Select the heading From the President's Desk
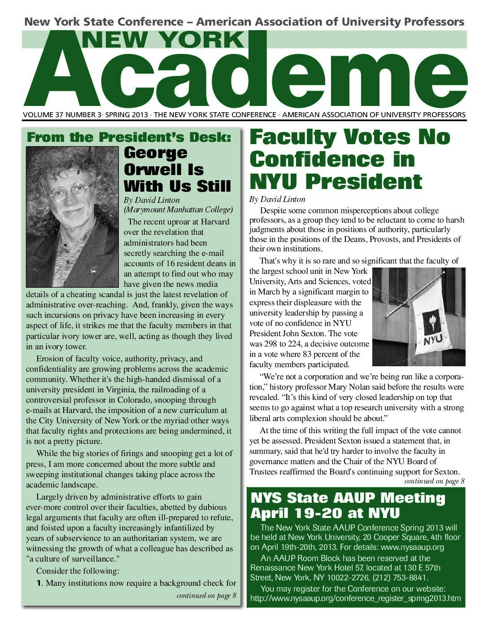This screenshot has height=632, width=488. point(129,137)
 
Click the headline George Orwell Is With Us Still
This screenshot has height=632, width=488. point(177,169)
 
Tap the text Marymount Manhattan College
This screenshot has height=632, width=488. point(178,210)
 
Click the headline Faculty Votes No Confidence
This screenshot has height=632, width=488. point(349,159)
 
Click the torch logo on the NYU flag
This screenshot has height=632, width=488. point(431,320)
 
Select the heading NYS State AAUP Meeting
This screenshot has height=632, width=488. point(348,498)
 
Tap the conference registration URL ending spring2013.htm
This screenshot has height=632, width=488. point(355,598)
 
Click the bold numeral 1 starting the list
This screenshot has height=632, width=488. point(39,583)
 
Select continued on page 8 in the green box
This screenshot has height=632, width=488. point(206,596)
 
